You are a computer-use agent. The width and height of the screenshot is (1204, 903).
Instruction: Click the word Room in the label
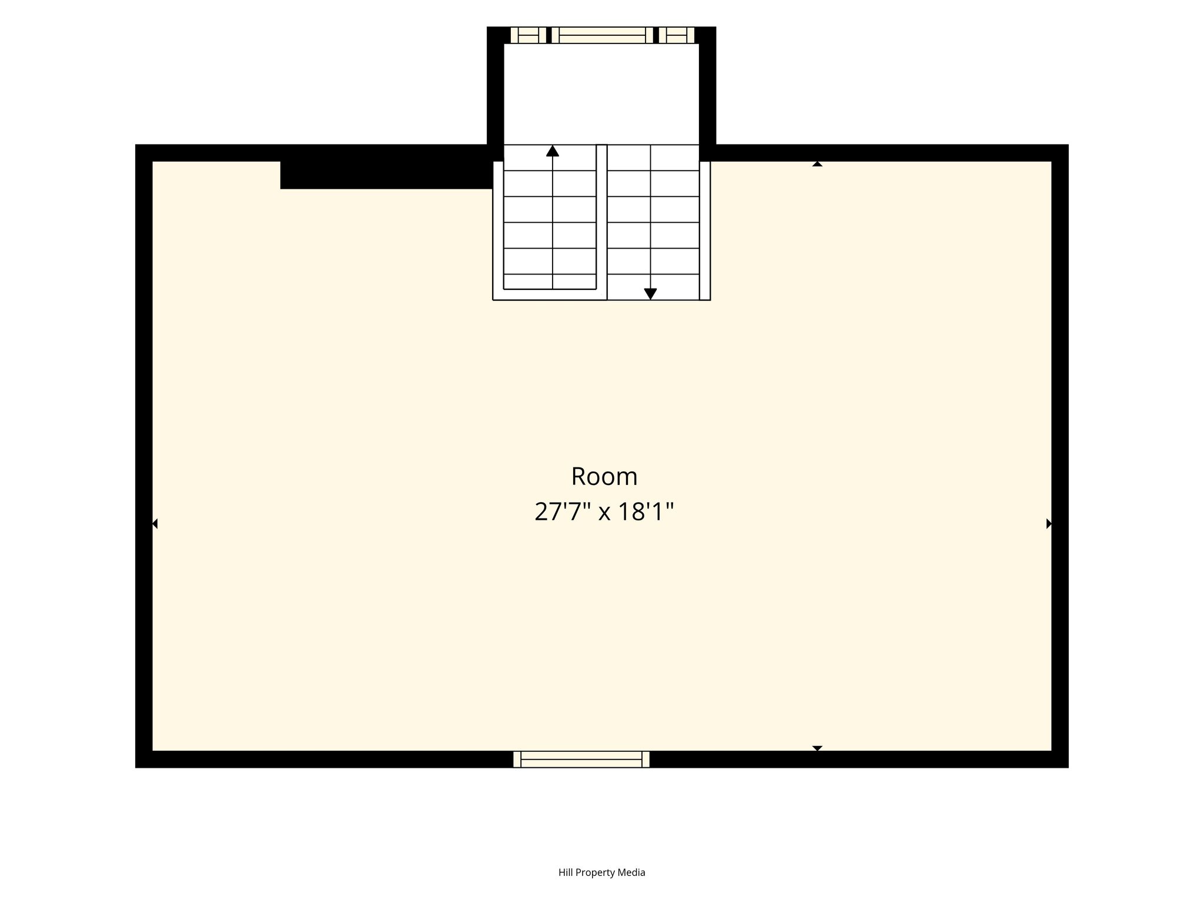coord(604,477)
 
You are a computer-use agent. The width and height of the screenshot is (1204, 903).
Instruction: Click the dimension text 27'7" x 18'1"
coord(604,511)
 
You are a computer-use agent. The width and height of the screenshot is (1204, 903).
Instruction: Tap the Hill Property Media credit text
coord(602,872)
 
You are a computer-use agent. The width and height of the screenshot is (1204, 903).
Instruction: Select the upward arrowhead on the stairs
coord(552,151)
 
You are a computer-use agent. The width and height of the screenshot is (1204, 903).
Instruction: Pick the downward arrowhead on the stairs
coord(650,294)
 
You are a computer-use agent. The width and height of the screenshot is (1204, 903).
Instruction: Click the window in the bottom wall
coord(581,759)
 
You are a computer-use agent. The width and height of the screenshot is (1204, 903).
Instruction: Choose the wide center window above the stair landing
coord(603,35)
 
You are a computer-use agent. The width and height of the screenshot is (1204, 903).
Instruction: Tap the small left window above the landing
coord(529,35)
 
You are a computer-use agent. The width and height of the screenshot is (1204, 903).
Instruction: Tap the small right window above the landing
coord(677,35)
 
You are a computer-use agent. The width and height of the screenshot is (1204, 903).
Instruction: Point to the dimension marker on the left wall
coord(155,523)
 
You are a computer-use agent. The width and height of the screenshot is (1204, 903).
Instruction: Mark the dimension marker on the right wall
coord(1049,523)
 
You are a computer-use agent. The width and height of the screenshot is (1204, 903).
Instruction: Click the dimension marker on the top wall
coord(817,164)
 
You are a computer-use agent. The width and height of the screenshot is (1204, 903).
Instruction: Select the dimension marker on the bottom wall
coord(817,748)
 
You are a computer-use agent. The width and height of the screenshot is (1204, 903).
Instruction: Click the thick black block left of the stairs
coord(386,175)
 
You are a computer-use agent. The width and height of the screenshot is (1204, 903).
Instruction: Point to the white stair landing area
coord(601,94)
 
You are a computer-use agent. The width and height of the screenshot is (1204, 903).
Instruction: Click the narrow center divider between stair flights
coord(601,222)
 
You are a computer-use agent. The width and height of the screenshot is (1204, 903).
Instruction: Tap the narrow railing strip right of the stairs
coord(705,230)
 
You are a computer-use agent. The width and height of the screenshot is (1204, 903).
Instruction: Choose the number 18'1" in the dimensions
coord(645,511)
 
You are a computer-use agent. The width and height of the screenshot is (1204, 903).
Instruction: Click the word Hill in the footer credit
coord(565,872)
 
